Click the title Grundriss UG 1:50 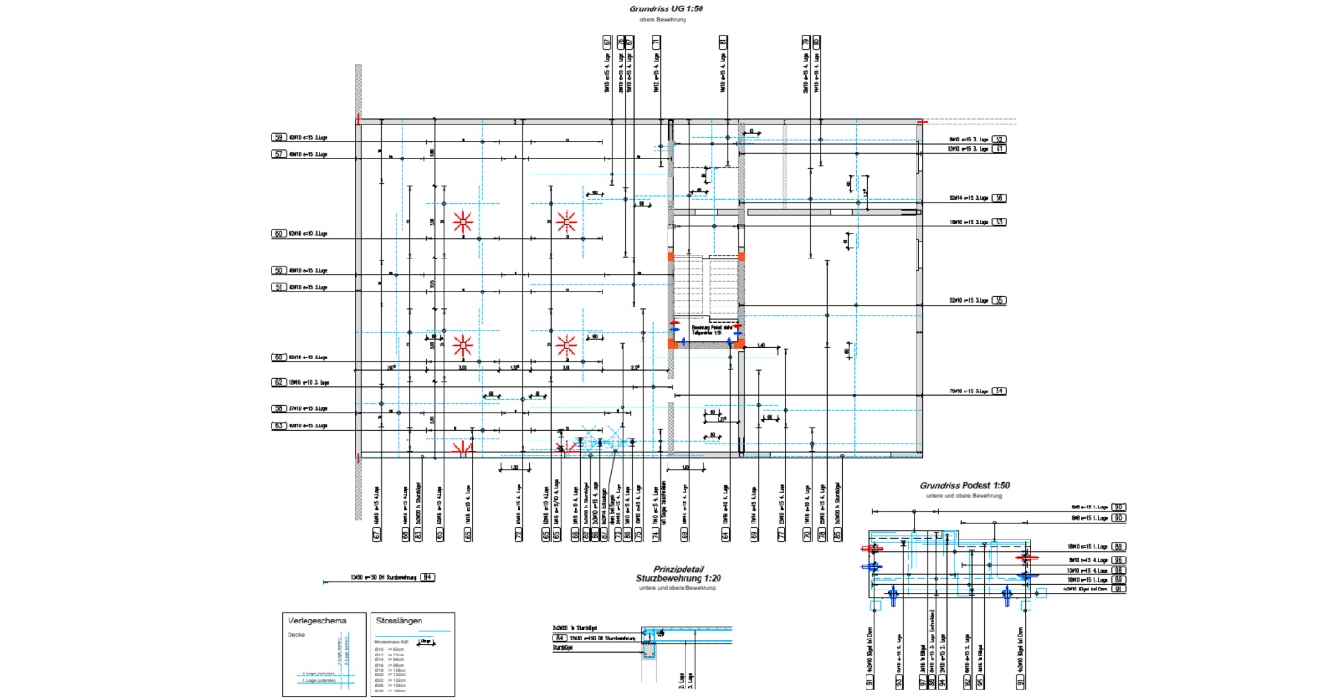tap(667, 9)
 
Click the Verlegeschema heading tap(316, 621)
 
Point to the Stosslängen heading tap(399, 622)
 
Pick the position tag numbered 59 tap(278, 138)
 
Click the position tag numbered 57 tap(278, 154)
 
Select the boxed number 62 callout tap(278, 383)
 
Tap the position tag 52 tap(999, 140)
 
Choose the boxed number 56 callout tap(999, 198)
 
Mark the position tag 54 tap(999, 391)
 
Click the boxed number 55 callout tap(999, 301)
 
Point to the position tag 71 tap(656, 42)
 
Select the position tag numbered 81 tap(724, 42)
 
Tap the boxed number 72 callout tap(519, 534)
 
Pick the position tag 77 tap(781, 534)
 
